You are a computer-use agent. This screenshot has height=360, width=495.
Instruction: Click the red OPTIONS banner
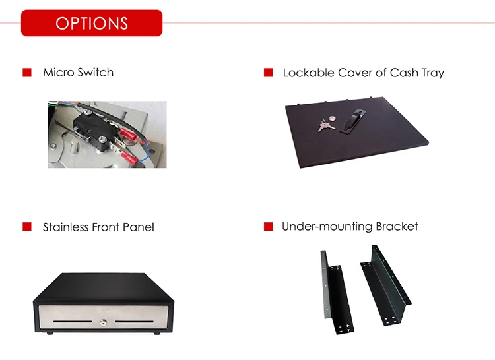91,23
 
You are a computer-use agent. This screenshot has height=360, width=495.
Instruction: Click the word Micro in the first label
58,72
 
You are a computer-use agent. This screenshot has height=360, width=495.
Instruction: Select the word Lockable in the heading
309,73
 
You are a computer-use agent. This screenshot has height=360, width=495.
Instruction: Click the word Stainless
68,227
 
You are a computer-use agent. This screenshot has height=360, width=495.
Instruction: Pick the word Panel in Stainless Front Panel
139,227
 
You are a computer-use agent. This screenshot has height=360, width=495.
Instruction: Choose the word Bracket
397,226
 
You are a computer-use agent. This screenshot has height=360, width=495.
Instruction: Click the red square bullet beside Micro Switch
27,72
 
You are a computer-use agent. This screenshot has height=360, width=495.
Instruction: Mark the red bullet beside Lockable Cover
268,73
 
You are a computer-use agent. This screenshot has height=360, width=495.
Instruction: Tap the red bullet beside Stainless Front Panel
27,227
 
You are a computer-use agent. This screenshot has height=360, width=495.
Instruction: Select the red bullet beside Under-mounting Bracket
268,227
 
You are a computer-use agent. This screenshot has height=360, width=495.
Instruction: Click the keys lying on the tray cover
325,124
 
